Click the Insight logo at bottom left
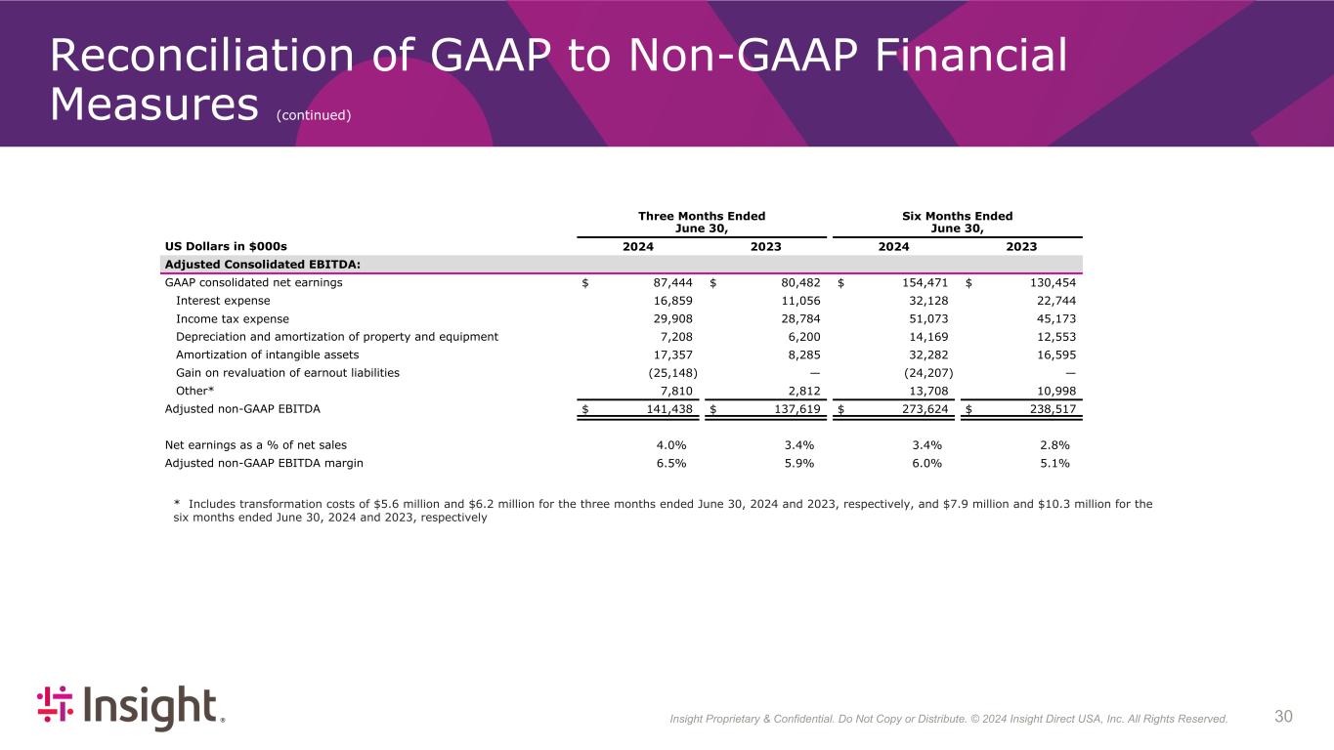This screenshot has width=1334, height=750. pyautogui.click(x=130, y=707)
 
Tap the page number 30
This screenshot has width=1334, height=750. pyautogui.click(x=1283, y=717)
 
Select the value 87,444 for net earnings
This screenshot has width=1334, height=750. pyautogui.click(x=673, y=283)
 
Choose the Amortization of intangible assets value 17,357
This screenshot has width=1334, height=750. pyautogui.click(x=673, y=354)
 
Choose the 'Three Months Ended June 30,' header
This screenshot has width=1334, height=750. pyautogui.click(x=702, y=222)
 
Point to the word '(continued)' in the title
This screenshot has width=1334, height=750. pyautogui.click(x=313, y=115)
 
